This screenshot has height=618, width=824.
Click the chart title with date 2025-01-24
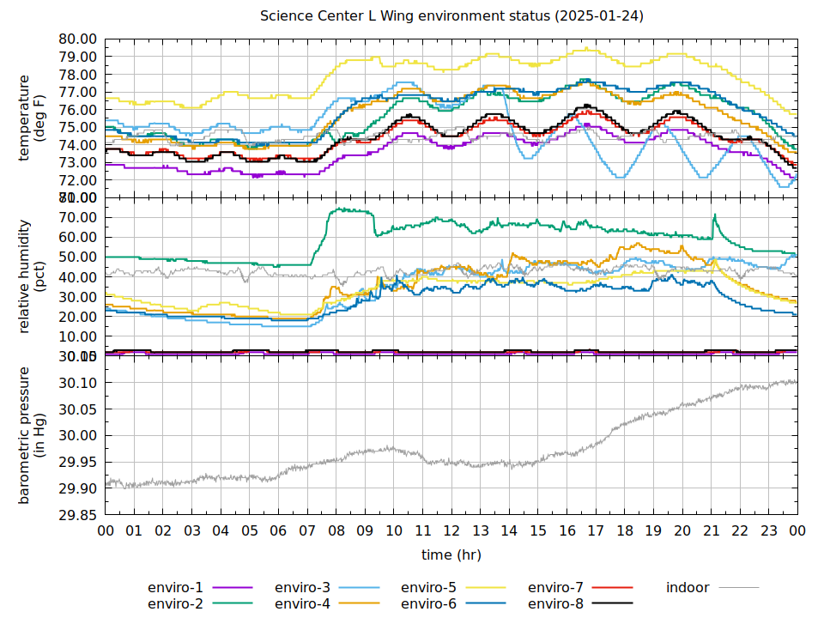coord(451,16)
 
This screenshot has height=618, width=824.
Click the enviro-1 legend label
coord(176,588)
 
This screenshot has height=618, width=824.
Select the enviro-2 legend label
coord(176,604)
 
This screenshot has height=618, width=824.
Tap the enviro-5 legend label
coord(428,588)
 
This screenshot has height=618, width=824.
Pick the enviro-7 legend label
coord(555,588)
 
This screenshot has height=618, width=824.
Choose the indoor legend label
coord(688,588)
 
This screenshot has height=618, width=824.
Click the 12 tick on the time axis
coord(451,531)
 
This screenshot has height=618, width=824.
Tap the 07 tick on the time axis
coord(307,531)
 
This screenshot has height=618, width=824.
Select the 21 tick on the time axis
coord(711,531)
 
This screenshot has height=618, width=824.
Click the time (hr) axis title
coord(451,555)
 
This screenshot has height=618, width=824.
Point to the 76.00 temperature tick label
coord(78,110)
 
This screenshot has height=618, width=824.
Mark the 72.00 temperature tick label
coord(78,180)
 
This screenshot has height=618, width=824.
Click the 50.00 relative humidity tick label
coord(78,257)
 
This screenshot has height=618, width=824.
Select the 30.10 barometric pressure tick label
coord(78,382)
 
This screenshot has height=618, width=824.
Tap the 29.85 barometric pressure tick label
coord(78,515)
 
